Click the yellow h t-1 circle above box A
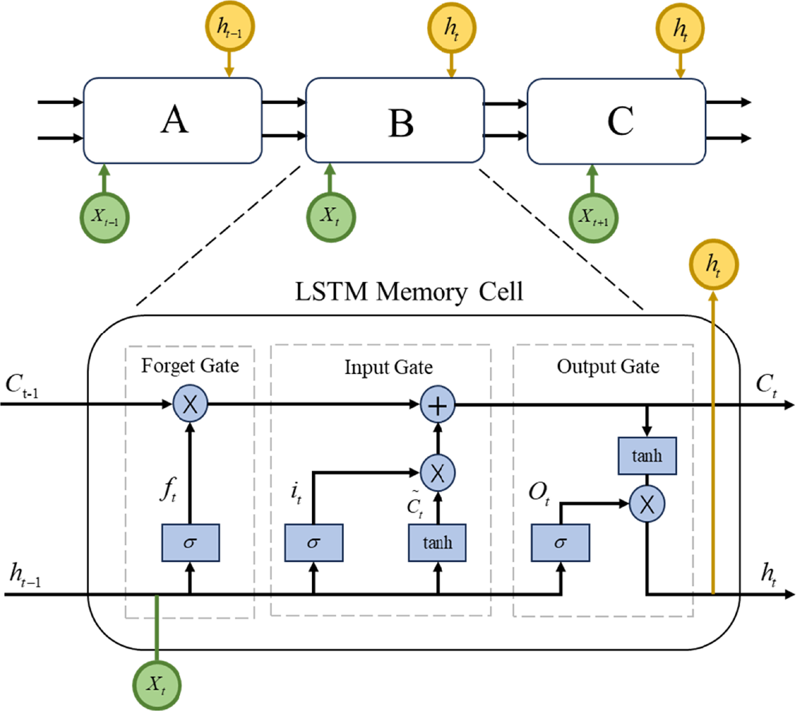230,27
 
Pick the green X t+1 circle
593,218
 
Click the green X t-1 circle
105,218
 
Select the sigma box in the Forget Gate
190,543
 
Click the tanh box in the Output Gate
647,455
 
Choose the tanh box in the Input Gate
437,543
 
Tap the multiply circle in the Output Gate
647,504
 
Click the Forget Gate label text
190,366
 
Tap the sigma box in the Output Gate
560,543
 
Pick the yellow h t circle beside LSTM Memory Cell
713,264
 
